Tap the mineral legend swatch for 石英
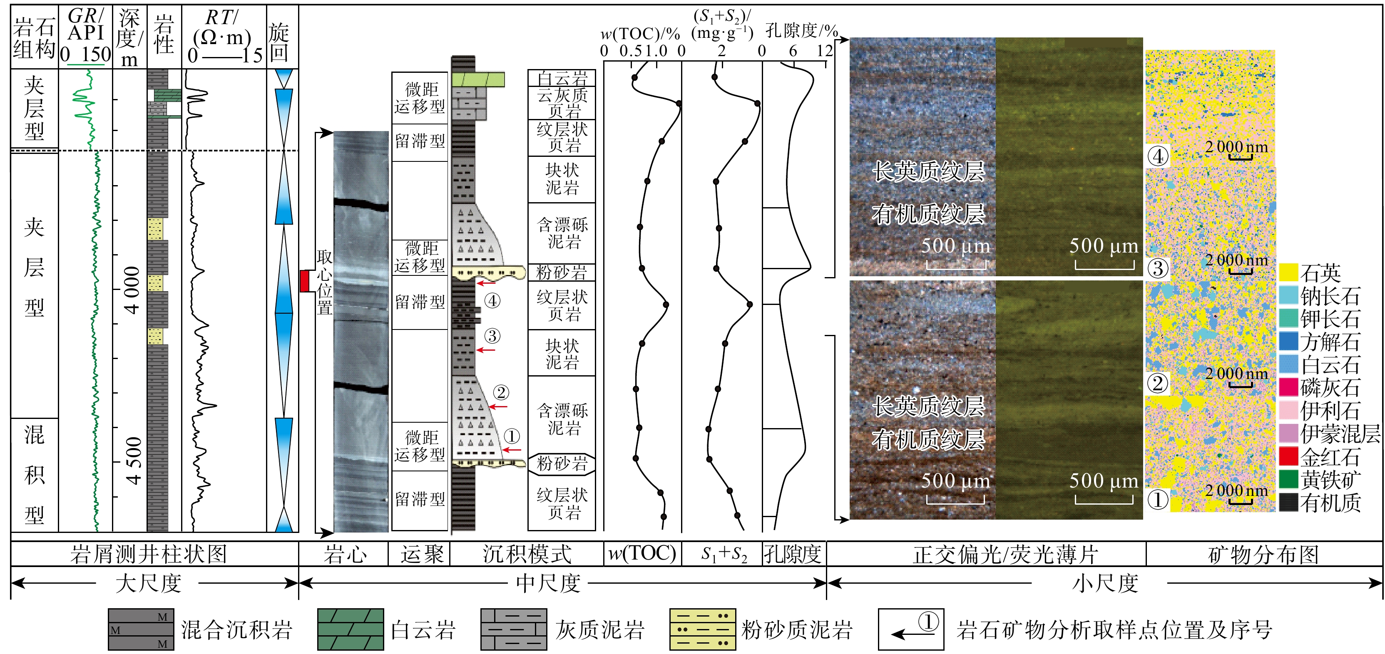[1288, 272]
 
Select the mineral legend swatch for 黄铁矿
[1288, 479]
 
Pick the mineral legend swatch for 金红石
[1288, 456]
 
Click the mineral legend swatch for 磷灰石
[1288, 387]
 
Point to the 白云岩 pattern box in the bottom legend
[351, 629]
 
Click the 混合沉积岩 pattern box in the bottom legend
[141, 629]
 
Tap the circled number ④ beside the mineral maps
[1158, 156]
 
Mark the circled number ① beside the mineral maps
[1158, 500]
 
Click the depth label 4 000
[132, 290]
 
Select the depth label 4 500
[132, 461]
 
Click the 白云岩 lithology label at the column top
[562, 79]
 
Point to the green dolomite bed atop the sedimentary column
[477, 79]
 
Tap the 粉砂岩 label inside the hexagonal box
[562, 463]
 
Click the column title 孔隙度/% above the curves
[801, 31]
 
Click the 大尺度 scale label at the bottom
[148, 583]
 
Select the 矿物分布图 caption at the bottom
[1263, 555]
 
